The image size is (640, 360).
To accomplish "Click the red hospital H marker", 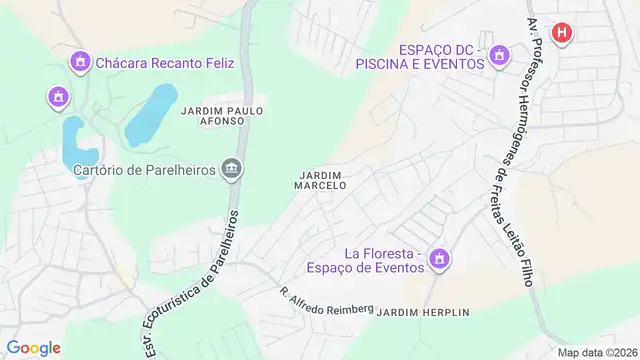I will coord(563,33).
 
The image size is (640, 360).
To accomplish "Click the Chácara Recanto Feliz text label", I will coord(165,63).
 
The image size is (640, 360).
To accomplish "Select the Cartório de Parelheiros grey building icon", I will coord(233,169).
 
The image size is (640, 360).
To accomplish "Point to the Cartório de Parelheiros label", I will coord(145,170).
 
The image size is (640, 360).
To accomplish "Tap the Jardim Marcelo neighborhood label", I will coord(321,180).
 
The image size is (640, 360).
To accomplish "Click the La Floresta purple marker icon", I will coord(438,261).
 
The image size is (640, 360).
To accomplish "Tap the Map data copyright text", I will coord(596,352).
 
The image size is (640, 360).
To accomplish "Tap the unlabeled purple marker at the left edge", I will coord(58,97).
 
